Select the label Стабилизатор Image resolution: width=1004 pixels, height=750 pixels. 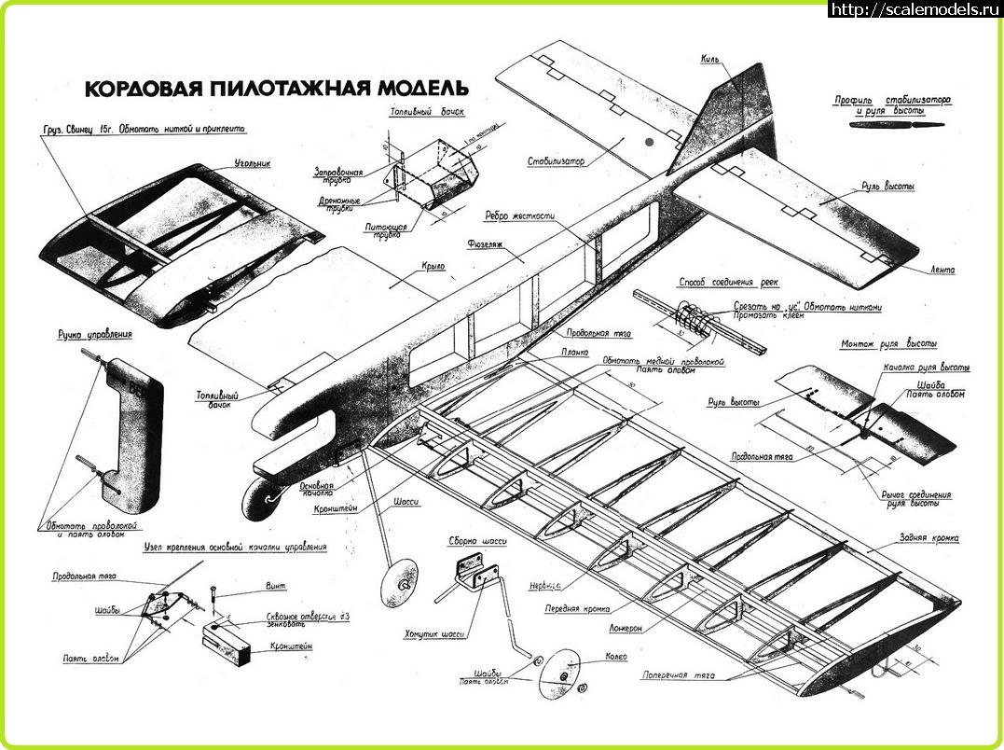coord(556,160)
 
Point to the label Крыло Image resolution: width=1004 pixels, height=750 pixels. coord(433,266)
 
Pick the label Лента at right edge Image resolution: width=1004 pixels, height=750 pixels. coord(942,270)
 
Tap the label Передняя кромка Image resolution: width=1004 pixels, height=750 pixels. coord(577,608)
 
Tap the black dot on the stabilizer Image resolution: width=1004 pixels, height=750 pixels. coord(649,142)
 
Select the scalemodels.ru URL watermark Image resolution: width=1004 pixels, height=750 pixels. coord(914,9)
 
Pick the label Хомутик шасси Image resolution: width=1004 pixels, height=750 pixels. coord(434,634)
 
